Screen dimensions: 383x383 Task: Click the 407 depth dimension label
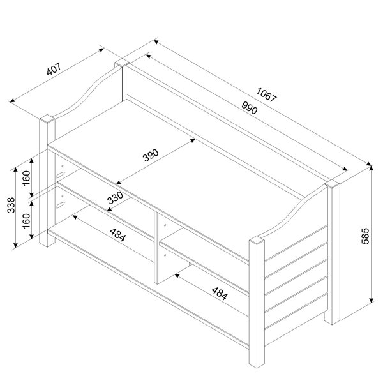coord(54,69)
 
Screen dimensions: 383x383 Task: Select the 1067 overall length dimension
coord(266,94)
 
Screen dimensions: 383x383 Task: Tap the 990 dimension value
coord(250,108)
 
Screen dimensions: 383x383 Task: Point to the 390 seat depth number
coord(151,155)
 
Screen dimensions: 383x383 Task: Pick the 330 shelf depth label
coord(115,198)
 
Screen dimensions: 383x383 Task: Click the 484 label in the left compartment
coord(117,235)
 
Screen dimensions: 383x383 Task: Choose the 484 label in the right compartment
coord(220,294)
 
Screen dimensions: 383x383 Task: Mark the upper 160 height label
coord(26,178)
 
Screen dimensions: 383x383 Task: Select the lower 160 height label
coord(26,221)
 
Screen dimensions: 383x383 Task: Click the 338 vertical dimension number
coord(11,205)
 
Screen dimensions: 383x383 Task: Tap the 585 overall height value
coord(365,236)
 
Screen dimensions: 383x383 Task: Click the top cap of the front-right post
coord(257,239)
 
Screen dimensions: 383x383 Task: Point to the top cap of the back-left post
coord(122,64)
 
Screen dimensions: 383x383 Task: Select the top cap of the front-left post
coord(47,119)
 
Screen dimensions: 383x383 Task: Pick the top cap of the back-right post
coord(332,184)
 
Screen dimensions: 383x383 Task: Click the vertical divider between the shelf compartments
coord(156,247)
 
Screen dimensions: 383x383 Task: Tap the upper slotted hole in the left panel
coord(61,175)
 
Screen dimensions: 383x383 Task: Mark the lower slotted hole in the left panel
coord(61,205)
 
